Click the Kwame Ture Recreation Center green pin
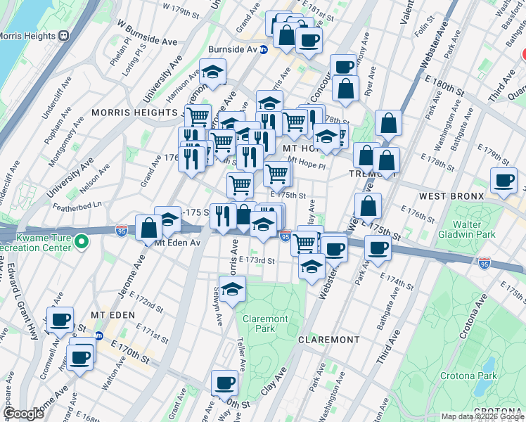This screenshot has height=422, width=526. (82, 242)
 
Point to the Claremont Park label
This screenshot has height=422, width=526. (265, 324)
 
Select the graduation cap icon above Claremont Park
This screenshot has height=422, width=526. (232, 288)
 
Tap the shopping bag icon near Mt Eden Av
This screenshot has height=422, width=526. (149, 227)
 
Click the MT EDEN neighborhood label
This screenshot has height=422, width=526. (113, 314)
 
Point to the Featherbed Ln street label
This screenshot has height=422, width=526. (77, 205)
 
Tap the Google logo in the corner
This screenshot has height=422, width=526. (24, 414)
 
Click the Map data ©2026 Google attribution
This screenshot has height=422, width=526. (482, 416)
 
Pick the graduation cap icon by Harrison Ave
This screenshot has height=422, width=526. (211, 71)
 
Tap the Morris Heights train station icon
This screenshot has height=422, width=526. (63, 35)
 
